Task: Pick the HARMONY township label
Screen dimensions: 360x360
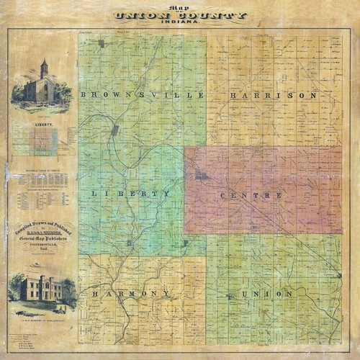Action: (130, 294)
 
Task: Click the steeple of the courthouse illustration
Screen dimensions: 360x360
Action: (44, 67)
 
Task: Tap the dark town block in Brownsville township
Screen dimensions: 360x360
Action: (114, 130)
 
